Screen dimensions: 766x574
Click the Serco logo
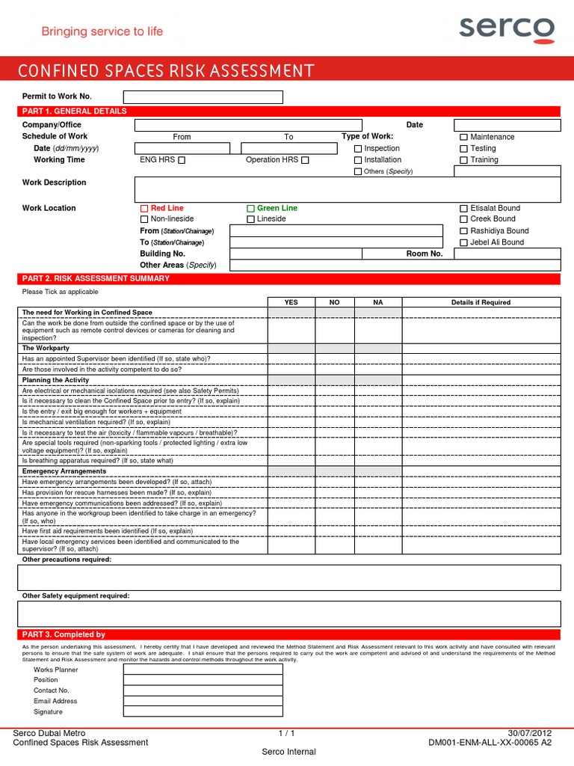click(506, 29)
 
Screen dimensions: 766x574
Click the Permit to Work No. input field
click(203, 97)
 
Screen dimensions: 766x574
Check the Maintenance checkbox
click(463, 138)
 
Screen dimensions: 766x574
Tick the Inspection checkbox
click(357, 149)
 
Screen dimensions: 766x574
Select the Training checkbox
click(463, 160)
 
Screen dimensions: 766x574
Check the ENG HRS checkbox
click(182, 160)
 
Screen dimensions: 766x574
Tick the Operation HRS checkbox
click(304, 160)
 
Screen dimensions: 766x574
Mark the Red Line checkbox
click(144, 209)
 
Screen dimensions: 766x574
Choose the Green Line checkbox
click(251, 209)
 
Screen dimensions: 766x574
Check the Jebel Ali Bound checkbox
click(463, 243)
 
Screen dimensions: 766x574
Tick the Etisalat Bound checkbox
click(463, 209)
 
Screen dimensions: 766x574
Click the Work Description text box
click(347, 189)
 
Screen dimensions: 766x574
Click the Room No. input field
click(507, 254)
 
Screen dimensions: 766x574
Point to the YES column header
click(291, 302)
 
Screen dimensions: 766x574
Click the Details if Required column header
click(481, 302)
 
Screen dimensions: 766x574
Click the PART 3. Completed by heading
click(64, 634)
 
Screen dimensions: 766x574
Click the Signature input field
click(203, 712)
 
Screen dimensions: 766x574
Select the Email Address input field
click(203, 702)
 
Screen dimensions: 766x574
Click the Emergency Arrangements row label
click(64, 471)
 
